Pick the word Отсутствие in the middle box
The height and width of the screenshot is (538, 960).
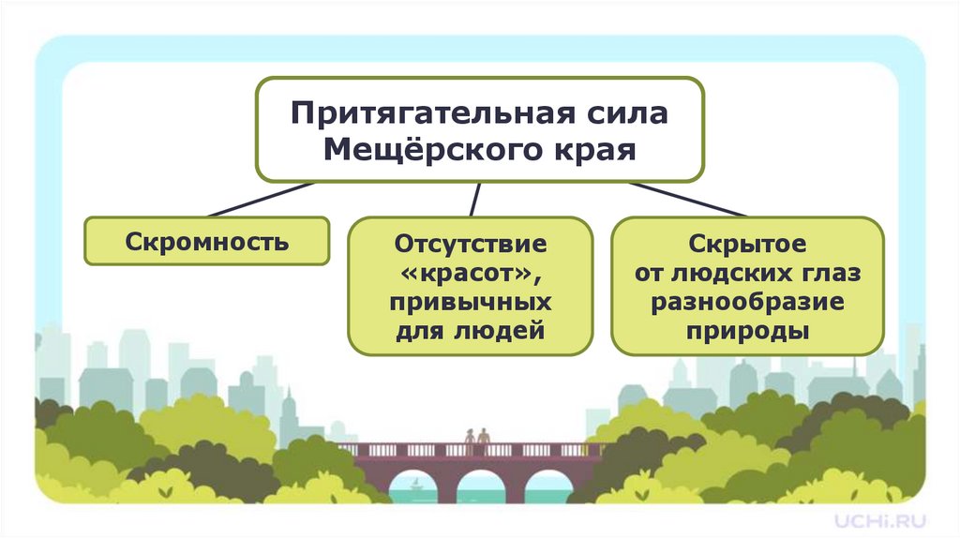pos(470,246)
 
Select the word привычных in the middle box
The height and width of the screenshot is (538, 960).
pos(470,304)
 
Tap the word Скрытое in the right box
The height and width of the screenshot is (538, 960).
pos(747,246)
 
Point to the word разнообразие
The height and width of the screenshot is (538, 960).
pos(747,304)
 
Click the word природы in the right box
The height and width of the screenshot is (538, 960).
pos(747,333)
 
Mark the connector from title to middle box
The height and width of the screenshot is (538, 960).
pos(475,199)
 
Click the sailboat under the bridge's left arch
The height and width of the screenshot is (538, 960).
pos(415,484)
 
